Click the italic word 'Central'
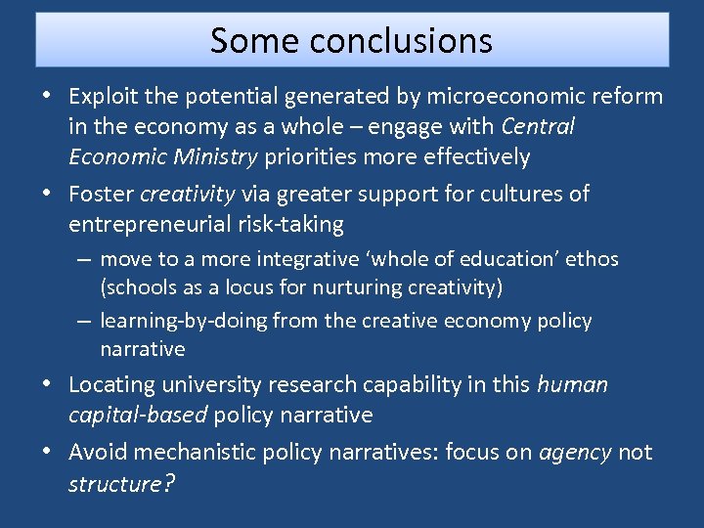538,127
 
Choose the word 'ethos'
592,259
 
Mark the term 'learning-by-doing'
184,321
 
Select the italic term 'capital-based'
138,415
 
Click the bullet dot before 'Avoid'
48,452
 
